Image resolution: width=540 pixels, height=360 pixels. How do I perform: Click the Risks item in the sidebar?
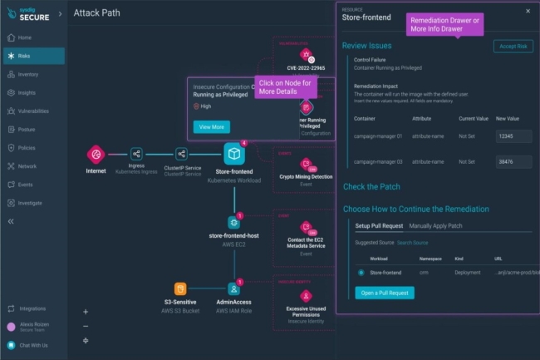pos(25,56)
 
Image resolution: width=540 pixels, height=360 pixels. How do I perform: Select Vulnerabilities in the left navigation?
pos(32,111)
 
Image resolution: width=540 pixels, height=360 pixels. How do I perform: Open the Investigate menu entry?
pos(30,203)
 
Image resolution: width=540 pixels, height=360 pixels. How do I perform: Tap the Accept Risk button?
pos(513,47)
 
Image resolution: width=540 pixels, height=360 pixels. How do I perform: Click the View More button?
pos(212,127)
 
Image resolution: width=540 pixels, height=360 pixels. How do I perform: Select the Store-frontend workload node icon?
pos(234,154)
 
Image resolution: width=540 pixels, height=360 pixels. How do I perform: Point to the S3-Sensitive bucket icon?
pos(179,290)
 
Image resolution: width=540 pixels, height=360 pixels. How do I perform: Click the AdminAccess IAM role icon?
pos(234,290)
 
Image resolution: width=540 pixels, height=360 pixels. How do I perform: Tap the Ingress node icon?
pos(136,154)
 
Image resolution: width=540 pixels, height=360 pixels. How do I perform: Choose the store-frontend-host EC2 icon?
pos(234,222)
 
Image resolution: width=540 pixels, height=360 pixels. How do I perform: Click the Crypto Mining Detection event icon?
pos(306,164)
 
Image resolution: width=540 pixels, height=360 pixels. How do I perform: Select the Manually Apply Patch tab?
pos(436,225)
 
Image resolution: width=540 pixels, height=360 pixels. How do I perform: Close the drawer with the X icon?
pos(527,11)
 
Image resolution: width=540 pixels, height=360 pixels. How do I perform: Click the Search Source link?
pos(412,243)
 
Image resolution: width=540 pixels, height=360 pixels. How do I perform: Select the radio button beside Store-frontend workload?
pos(361,272)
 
